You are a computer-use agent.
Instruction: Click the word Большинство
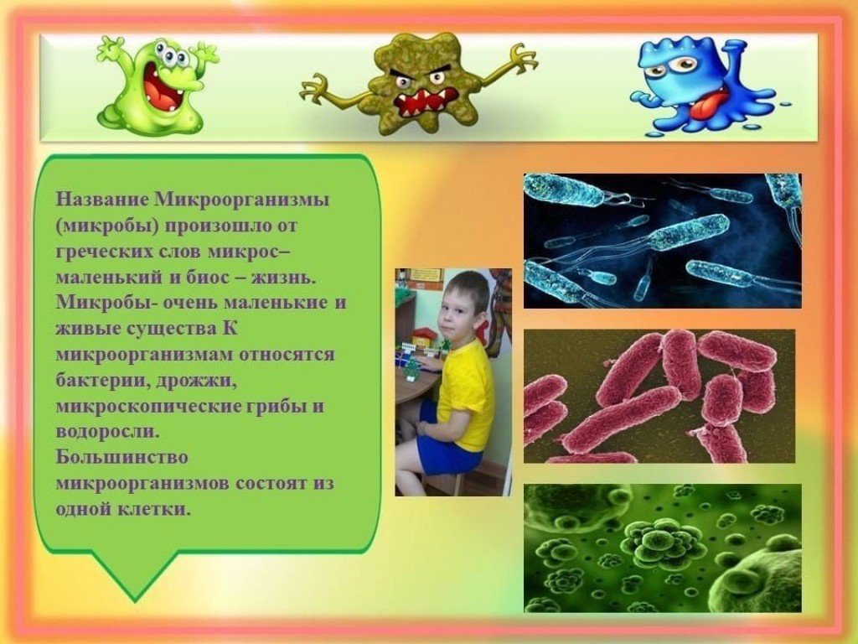point(122,457)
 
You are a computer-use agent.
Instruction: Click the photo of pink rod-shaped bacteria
point(659,396)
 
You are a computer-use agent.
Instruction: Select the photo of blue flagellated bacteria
point(662,241)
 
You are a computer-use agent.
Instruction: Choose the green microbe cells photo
point(662,548)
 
